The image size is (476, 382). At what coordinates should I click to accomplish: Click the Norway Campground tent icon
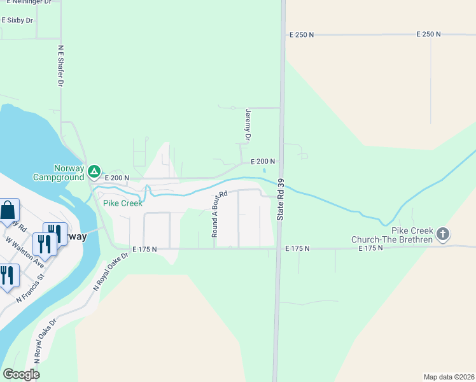94,171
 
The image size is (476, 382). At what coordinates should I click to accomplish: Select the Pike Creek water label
123,204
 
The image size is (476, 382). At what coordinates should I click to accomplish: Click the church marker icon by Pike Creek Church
444,234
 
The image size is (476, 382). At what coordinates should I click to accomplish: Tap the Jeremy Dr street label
248,124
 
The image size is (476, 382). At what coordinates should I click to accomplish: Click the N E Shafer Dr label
61,66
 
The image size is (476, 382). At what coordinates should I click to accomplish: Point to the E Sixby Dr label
17,20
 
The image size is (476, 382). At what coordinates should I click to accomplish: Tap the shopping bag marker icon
8,210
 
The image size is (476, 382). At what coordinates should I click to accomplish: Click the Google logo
21,374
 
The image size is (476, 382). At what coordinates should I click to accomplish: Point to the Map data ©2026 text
449,377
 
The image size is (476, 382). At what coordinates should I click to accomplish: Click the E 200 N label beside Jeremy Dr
262,162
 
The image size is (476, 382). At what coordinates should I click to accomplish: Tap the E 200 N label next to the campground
117,178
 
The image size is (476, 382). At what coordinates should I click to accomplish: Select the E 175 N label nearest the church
370,248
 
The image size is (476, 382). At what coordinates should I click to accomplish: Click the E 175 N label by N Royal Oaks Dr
144,249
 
